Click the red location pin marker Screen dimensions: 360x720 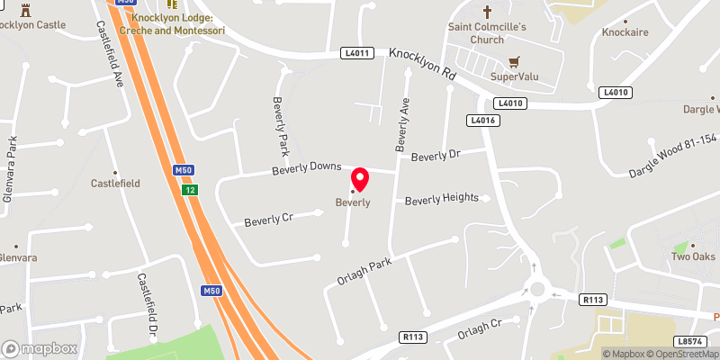[360, 179]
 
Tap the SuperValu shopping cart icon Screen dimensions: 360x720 [514, 62]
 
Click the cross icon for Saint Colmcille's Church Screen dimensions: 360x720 [488, 13]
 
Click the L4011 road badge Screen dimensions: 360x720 [356, 54]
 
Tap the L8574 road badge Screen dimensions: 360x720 [688, 342]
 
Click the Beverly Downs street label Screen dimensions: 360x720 [308, 168]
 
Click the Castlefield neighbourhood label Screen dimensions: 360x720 [115, 183]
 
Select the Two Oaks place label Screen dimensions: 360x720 [692, 257]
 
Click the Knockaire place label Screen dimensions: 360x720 [625, 32]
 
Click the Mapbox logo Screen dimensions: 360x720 [39, 347]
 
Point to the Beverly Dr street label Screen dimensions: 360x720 [436, 156]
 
